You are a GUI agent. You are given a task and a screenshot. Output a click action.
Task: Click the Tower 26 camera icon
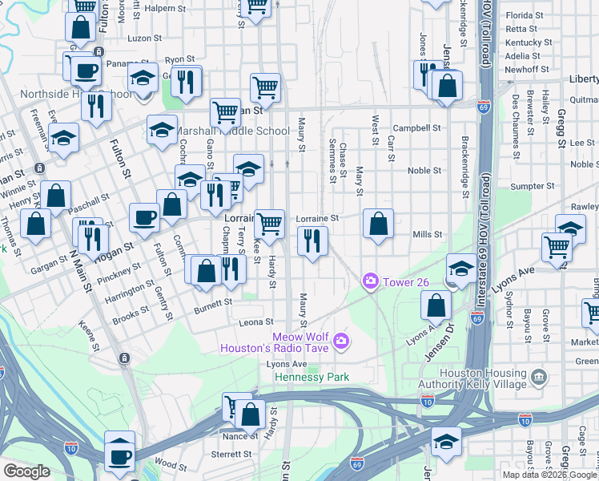pos(371,280)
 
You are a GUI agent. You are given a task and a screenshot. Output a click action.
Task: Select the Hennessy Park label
pos(312,377)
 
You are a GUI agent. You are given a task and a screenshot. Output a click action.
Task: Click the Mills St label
pos(427,234)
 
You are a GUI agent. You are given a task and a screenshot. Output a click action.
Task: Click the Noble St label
pos(424,171)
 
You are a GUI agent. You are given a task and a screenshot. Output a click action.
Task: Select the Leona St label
pos(257,322)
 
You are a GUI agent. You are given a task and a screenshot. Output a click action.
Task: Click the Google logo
pos(27,471)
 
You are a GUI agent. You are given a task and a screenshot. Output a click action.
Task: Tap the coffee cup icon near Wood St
pos(120,457)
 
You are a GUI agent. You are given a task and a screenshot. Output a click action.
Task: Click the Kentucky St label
pos(529,42)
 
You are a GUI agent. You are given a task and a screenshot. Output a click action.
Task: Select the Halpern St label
pos(163,8)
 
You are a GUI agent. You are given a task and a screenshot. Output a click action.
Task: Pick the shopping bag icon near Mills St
pos(379,224)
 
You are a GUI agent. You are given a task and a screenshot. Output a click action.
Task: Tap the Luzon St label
pos(145,38)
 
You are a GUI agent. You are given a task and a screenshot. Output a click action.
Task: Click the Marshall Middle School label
pos(232,131)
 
